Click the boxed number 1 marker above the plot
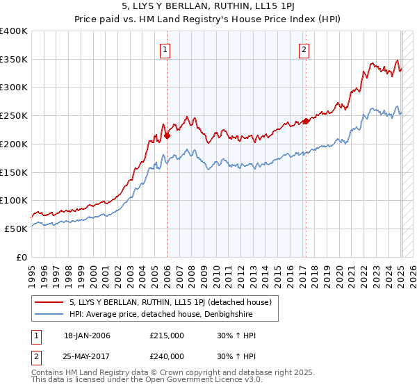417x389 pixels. tap(166, 49)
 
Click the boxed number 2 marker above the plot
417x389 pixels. tap(305, 49)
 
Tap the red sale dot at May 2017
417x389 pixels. tap(306, 122)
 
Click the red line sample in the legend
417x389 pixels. tap(50, 302)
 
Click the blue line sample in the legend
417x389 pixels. tap(50, 314)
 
